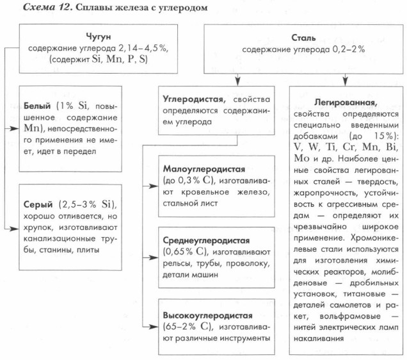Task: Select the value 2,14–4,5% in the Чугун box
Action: click(x=141, y=49)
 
